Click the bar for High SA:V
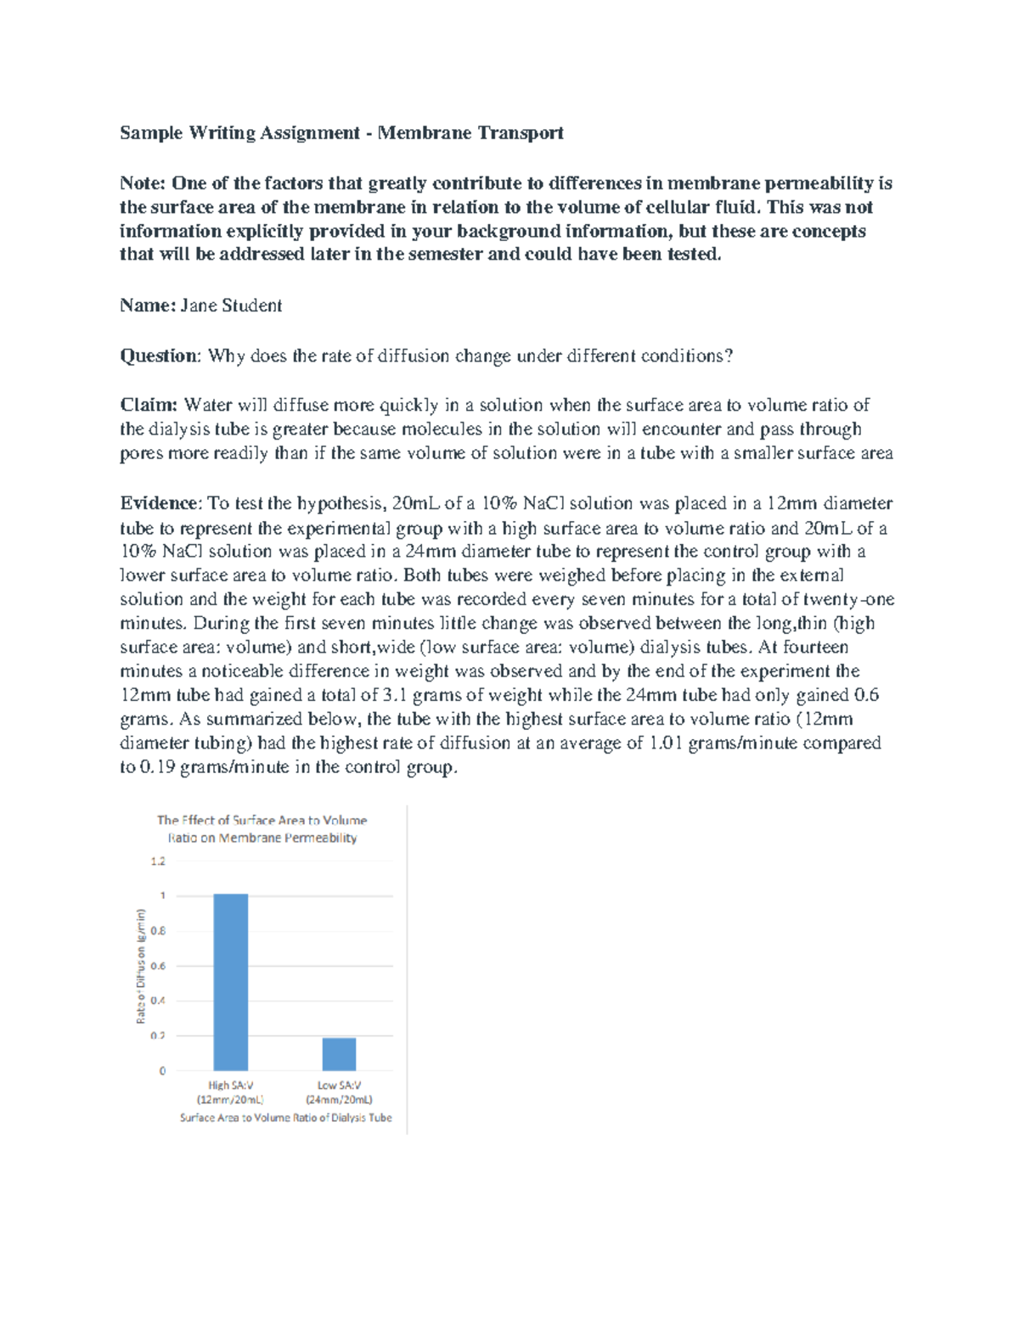tap(230, 982)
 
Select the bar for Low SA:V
tap(339, 1054)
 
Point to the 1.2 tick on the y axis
tap(158, 861)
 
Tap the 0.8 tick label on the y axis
tap(158, 931)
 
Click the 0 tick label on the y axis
tap(162, 1071)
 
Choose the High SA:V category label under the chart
tap(230, 1092)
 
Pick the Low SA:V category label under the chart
tap(339, 1092)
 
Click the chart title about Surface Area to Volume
tap(262, 829)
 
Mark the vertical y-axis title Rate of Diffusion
tap(141, 966)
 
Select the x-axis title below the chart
tap(285, 1118)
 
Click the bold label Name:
tap(148, 306)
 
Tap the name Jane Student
tap(231, 306)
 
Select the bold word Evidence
tap(159, 503)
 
